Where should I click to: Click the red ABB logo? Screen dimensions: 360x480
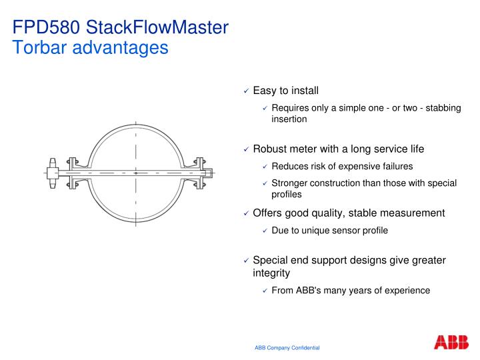pyautogui.click(x=451, y=343)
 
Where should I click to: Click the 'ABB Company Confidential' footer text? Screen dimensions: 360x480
pyautogui.click(x=287, y=348)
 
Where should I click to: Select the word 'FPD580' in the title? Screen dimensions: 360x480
pyautogui.click(x=47, y=28)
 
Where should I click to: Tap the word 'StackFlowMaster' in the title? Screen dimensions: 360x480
pyautogui.click(x=157, y=28)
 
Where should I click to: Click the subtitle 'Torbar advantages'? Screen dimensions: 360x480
pyautogui.click(x=91, y=48)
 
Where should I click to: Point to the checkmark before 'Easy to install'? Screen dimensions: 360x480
pyautogui.click(x=246, y=91)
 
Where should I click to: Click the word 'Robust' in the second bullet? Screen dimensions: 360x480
pyautogui.click(x=269, y=149)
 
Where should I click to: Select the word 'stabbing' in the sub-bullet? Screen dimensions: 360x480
pyautogui.click(x=443, y=108)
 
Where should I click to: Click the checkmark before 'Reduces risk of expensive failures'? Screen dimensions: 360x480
pyautogui.click(x=265, y=167)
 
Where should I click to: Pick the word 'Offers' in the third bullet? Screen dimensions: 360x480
pyautogui.click(x=267, y=213)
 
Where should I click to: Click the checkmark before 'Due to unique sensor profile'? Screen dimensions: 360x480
pyautogui.click(x=265, y=231)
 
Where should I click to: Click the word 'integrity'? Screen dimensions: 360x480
pyautogui.click(x=271, y=273)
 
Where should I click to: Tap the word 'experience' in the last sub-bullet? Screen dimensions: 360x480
pyautogui.click(x=407, y=290)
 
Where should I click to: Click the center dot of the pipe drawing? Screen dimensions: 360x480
pyautogui.click(x=136, y=173)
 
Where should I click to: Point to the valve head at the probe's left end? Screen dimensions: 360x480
pyautogui.click(x=53, y=172)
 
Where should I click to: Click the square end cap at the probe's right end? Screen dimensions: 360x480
pyautogui.click(x=208, y=173)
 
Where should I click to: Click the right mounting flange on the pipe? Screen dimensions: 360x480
pyautogui.click(x=197, y=173)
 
